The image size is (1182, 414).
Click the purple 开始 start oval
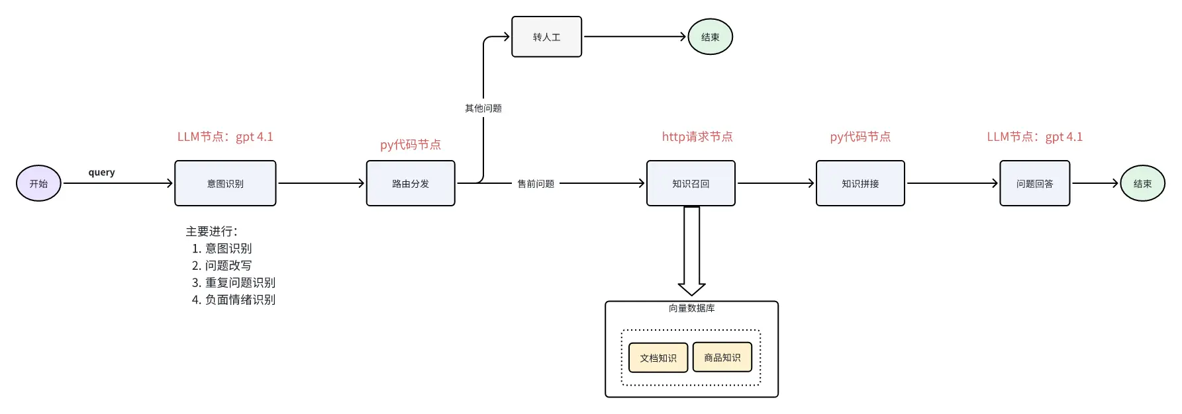pos(38,183)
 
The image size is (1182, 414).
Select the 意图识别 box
pos(225,183)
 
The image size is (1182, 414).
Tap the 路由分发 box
pos(411,183)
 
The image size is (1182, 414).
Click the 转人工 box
pos(546,37)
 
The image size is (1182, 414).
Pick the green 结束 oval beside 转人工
pos(710,37)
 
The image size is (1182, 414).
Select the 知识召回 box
pos(691,183)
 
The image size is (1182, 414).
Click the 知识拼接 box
pos(860,183)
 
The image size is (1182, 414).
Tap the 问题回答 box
pos(1034,183)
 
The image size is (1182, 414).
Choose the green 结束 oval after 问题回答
pos(1142,183)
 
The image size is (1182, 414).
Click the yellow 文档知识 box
pos(658,358)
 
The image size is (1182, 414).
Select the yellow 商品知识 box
pos(722,357)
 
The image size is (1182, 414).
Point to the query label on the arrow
pos(101,172)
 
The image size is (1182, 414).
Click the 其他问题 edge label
pos(483,108)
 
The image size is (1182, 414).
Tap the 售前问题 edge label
pos(536,183)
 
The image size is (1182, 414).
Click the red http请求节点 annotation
pos(697,136)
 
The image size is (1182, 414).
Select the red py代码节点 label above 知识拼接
pos(860,136)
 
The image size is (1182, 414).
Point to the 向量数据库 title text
pos(691,308)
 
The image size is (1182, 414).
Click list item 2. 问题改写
pos(222,265)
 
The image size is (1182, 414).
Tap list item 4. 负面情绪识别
pos(234,300)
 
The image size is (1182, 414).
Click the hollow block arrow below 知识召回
pos(691,251)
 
